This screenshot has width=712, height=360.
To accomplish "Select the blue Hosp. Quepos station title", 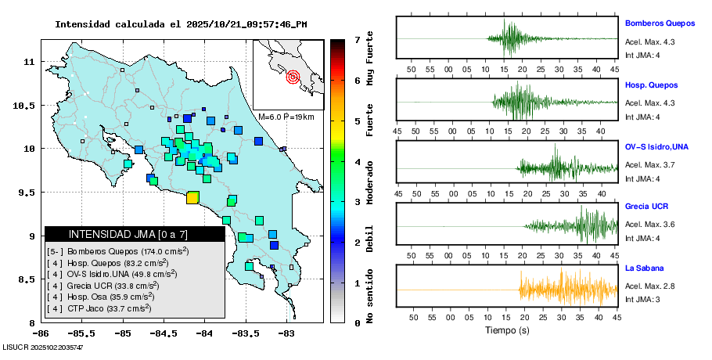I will coord(651,85).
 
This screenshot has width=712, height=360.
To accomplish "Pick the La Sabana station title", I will coord(644,268).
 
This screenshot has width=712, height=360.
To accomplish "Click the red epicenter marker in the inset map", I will coord(293,77).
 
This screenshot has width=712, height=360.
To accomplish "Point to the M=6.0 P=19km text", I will coord(286,117).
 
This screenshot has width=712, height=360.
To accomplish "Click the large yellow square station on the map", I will coord(192,197).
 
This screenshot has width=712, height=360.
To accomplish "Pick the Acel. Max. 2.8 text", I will coord(650,286).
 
